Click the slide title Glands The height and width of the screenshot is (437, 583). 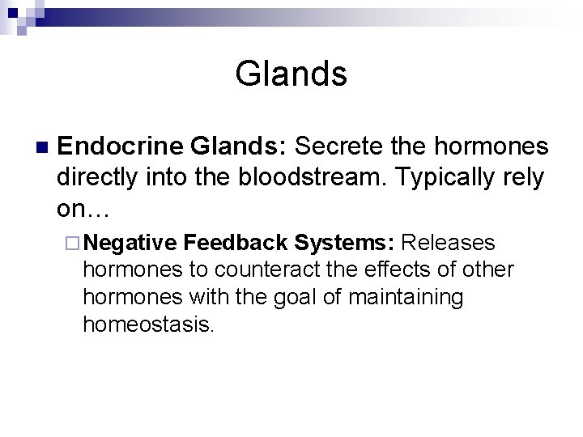pyautogui.click(x=291, y=74)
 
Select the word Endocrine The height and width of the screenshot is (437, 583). pyautogui.click(x=121, y=146)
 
